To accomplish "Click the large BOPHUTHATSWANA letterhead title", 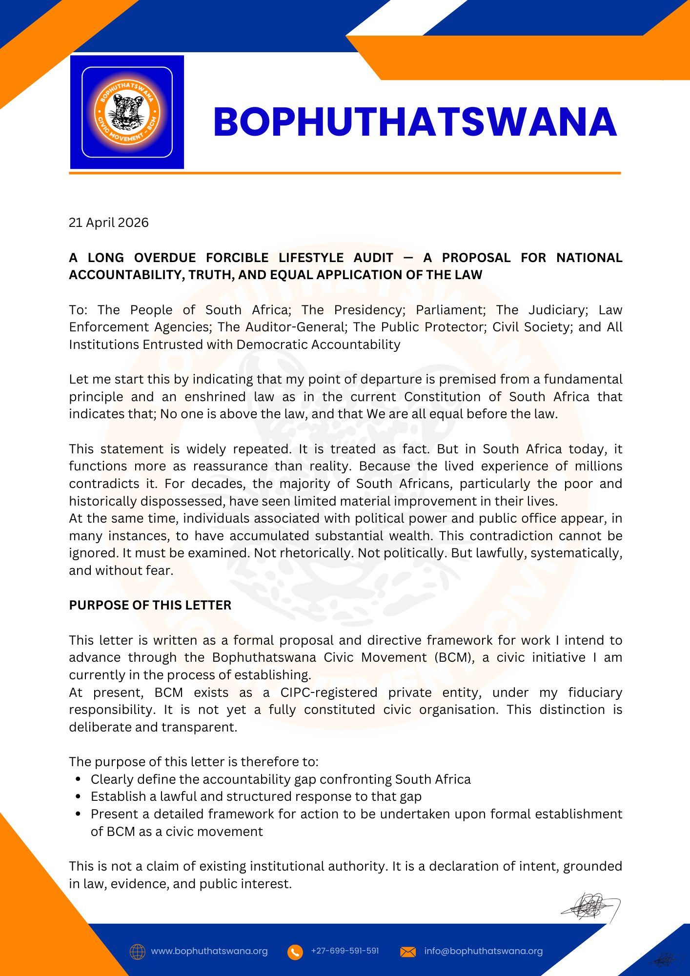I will point(415,122).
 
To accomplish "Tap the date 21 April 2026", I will point(108,223).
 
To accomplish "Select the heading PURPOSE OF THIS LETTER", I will point(150,605).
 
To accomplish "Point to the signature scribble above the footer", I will point(590,907).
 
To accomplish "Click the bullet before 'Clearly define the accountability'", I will point(78,779).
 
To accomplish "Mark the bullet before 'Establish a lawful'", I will point(78,797).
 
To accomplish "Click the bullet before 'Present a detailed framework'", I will point(78,814).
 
